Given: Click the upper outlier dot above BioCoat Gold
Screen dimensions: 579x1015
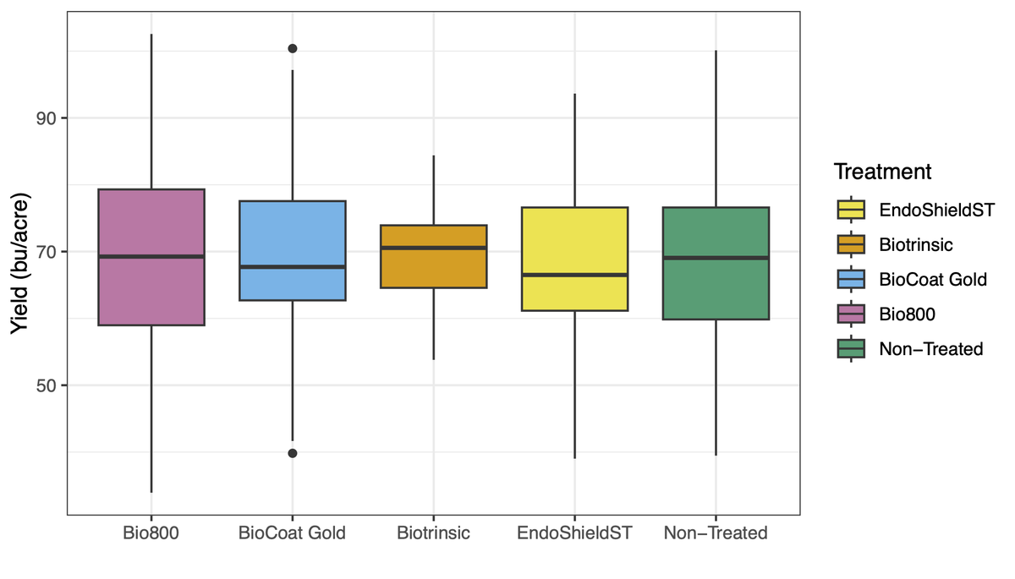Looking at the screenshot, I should [x=293, y=48].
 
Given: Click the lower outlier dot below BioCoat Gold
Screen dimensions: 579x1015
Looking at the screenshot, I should [x=293, y=453].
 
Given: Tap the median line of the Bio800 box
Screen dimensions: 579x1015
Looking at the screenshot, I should [x=151, y=256].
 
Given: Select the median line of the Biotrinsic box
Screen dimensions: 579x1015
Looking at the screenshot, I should [x=433, y=248].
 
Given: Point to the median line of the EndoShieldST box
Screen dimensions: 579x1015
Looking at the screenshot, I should [x=574, y=275].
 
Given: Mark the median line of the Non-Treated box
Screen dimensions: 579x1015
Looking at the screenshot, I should [x=716, y=258].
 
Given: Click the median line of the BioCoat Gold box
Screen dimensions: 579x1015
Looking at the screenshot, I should [x=293, y=266].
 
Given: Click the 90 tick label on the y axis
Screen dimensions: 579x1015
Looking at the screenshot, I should [x=46, y=118].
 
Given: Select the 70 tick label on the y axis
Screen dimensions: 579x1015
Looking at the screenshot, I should [x=46, y=252].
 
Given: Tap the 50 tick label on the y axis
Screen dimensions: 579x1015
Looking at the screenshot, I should [x=46, y=385].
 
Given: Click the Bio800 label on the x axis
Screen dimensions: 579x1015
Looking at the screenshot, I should [x=151, y=533].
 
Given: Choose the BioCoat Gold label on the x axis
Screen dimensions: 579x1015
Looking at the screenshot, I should [x=293, y=533].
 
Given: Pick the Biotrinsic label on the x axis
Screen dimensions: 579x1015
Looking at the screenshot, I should [x=433, y=533].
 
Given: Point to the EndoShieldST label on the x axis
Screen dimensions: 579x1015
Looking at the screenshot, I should [x=574, y=533].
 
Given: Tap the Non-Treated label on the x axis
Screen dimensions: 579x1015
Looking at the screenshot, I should [x=716, y=533].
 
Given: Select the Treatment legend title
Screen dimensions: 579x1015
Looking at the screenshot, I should [x=882, y=172].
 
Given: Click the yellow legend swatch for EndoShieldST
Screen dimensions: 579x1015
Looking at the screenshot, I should [x=851, y=210].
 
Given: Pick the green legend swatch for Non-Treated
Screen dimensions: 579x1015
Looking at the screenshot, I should [x=851, y=348].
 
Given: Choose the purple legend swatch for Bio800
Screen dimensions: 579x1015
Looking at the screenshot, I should [x=851, y=314].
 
